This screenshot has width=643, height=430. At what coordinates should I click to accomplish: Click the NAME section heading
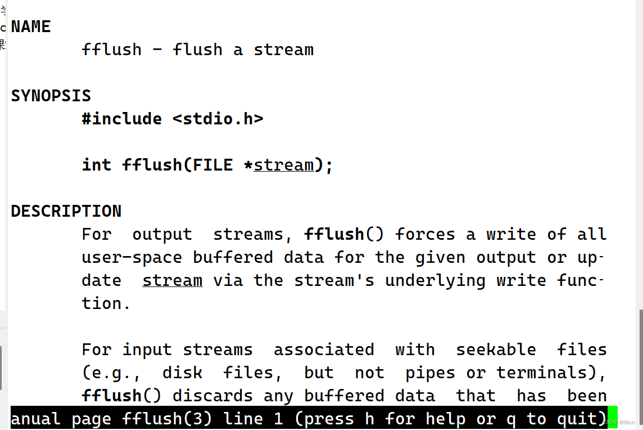pyautogui.click(x=31, y=26)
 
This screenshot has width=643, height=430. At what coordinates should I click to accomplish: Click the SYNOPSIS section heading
pyautogui.click(x=51, y=96)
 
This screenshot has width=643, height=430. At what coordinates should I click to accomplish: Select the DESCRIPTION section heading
pyautogui.click(x=66, y=211)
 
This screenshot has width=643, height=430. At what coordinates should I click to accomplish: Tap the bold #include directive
pyautogui.click(x=121, y=119)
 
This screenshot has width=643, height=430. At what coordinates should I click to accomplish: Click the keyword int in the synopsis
pyautogui.click(x=97, y=165)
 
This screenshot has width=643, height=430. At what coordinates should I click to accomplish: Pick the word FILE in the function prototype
pyautogui.click(x=212, y=165)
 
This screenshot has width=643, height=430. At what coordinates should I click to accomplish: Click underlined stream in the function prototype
pyautogui.click(x=284, y=165)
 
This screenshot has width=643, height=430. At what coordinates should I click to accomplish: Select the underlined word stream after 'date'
pyautogui.click(x=172, y=280)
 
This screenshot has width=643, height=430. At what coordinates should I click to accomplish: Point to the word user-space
pyautogui.click(x=132, y=257)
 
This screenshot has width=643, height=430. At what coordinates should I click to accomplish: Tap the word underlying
pyautogui.click(x=435, y=280)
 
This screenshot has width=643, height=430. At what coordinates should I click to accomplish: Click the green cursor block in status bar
pyautogui.click(x=613, y=418)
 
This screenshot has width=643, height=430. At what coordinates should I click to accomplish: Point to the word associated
pyautogui.click(x=324, y=350)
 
